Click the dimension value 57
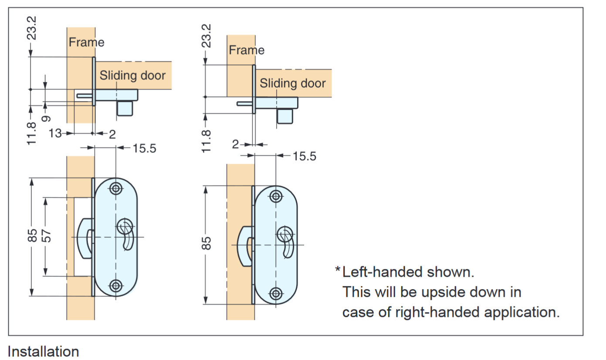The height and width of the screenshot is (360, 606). (47, 236)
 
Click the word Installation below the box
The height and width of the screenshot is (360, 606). (44, 352)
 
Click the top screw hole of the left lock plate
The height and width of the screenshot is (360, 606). (115, 188)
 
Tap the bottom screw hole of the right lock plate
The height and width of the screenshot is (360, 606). (275, 293)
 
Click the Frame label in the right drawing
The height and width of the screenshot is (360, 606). (247, 50)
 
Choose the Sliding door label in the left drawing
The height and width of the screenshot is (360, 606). (132, 75)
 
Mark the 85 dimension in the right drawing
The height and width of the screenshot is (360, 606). (208, 243)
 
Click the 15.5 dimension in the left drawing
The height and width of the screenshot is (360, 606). (144, 148)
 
